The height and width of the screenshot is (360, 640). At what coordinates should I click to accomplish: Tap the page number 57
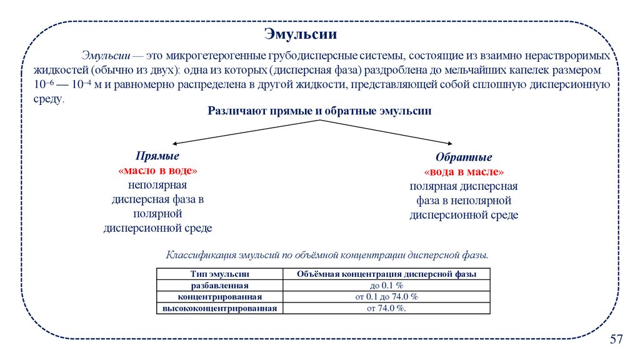[616, 339]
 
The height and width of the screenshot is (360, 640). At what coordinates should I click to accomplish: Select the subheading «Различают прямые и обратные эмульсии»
[320, 111]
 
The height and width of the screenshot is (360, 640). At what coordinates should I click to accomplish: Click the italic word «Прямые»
[157, 156]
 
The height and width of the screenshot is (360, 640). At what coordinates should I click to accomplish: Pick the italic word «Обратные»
[464, 157]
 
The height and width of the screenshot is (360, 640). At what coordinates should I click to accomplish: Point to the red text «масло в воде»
[157, 171]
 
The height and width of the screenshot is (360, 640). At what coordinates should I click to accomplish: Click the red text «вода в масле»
[464, 172]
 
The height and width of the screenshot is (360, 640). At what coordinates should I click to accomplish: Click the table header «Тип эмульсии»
[220, 274]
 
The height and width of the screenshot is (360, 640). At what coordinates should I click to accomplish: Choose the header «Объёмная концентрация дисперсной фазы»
[386, 274]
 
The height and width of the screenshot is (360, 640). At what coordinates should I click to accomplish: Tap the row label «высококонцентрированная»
[220, 307]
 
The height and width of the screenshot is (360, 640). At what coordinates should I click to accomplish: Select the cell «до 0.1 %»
[387, 285]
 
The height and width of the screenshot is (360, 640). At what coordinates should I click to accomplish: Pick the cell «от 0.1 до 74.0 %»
[387, 296]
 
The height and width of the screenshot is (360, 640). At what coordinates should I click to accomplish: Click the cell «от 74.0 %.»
[387, 307]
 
